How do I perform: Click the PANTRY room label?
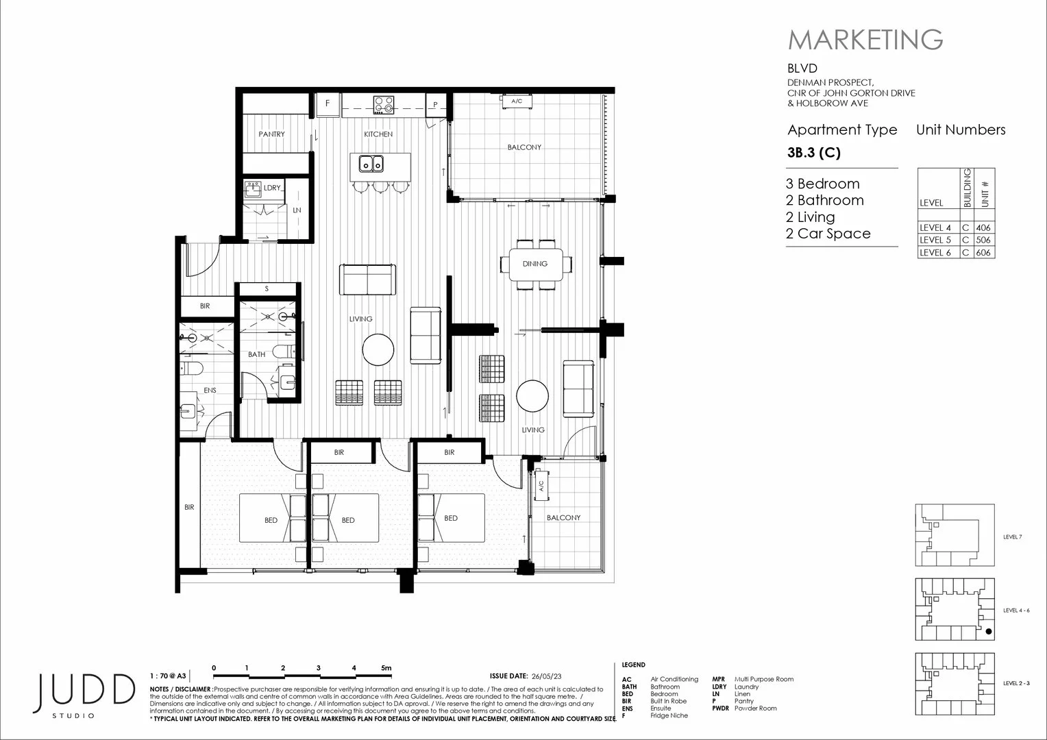[x=271, y=134]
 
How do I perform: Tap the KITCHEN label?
[x=378, y=134]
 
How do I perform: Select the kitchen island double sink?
[x=371, y=164]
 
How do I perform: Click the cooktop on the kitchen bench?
[x=384, y=105]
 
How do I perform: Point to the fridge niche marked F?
[x=328, y=104]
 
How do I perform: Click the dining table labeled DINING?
[x=535, y=264]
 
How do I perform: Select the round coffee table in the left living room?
[x=378, y=349]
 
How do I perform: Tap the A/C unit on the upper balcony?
[x=517, y=101]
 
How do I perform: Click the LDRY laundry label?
[x=272, y=188]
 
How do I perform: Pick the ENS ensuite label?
[x=210, y=391]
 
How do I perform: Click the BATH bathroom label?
[x=256, y=354]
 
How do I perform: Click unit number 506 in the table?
[x=983, y=241]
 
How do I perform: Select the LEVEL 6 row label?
[x=935, y=253]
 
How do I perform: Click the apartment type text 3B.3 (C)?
[x=813, y=153]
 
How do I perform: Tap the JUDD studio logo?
[x=86, y=693]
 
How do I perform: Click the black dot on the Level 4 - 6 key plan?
[x=988, y=631]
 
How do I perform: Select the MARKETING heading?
[x=865, y=40]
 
